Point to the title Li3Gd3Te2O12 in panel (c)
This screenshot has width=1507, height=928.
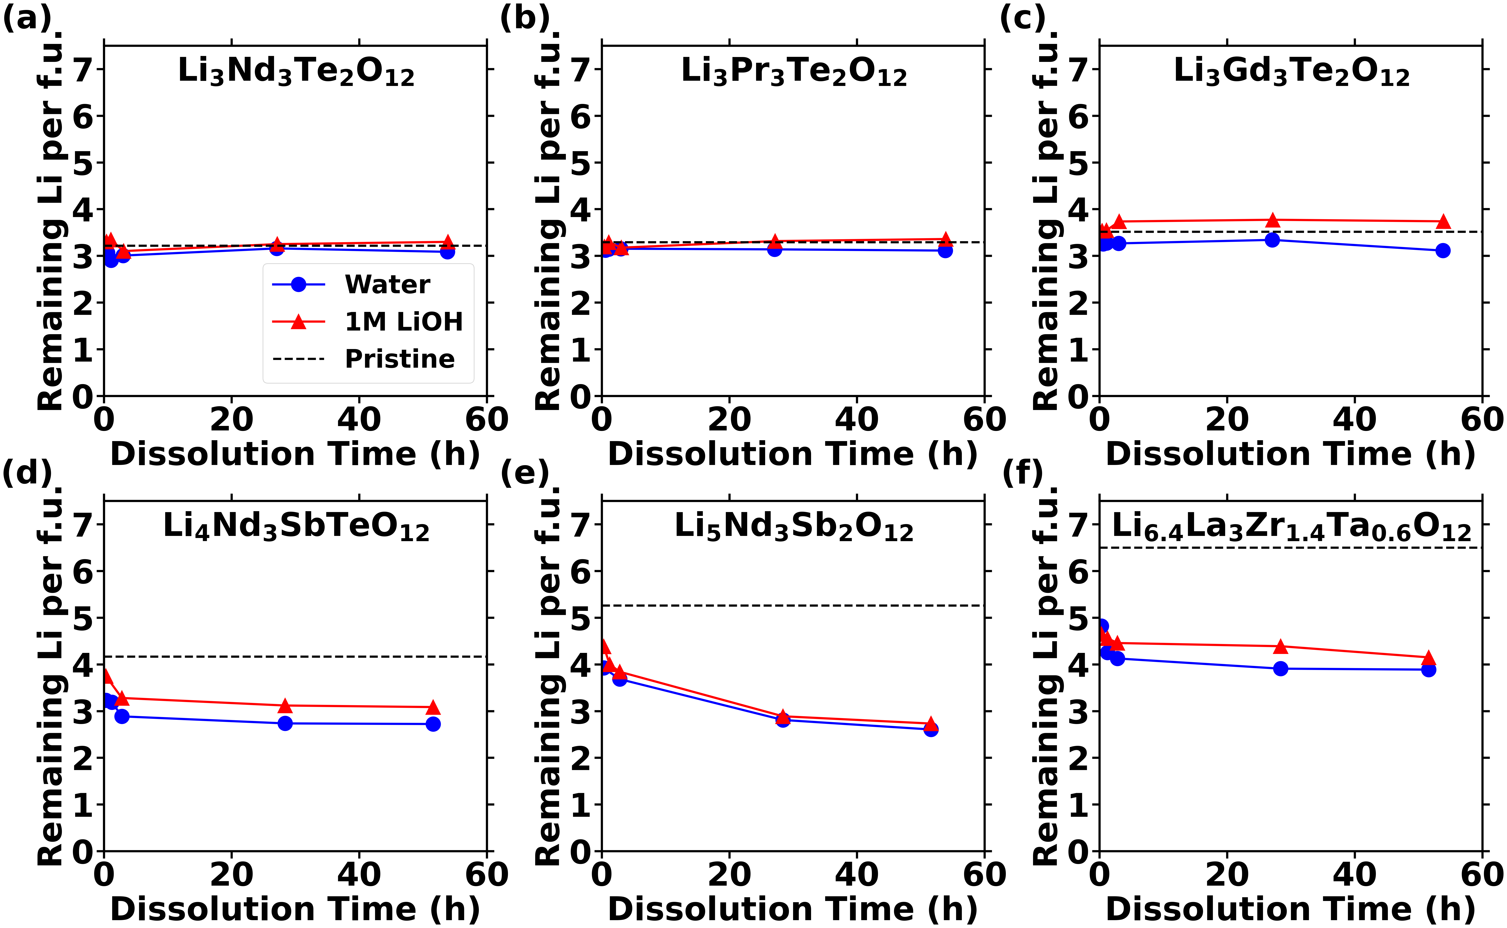1291,72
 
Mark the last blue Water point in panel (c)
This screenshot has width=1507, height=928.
1442,250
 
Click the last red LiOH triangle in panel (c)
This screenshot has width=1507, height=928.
1442,222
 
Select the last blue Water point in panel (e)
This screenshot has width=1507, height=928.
931,729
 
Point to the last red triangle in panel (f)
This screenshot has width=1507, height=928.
1428,658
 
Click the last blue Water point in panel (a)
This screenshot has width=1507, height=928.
447,252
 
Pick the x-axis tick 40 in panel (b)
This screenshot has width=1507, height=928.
857,420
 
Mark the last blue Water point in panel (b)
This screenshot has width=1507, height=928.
945,250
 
